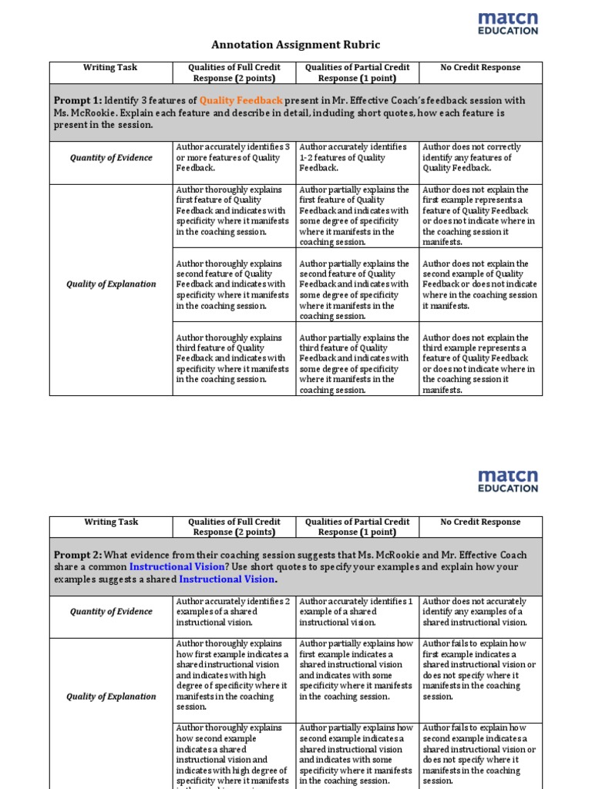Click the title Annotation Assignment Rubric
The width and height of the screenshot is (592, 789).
click(x=296, y=45)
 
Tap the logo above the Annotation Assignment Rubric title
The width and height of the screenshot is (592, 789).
click(x=507, y=23)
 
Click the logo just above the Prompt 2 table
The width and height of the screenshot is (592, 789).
click(x=507, y=481)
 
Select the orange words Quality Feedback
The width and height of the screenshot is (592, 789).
click(x=240, y=101)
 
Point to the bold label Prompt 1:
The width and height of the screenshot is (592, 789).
click(x=77, y=101)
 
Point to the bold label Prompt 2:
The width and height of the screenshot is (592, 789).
click(x=77, y=555)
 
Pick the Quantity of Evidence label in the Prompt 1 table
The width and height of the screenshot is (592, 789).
click(x=111, y=158)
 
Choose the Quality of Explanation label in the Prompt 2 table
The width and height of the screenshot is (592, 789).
click(x=111, y=697)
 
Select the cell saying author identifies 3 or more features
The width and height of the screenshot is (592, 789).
click(x=234, y=158)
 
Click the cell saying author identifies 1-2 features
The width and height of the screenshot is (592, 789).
click(x=357, y=158)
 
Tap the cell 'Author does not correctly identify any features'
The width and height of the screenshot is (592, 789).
click(x=480, y=158)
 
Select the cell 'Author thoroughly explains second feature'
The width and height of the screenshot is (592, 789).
click(x=234, y=284)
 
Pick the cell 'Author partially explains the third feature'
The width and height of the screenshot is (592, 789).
click(x=357, y=363)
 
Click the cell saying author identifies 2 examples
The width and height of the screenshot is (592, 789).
click(x=234, y=612)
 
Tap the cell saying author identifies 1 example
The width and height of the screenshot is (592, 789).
click(x=357, y=612)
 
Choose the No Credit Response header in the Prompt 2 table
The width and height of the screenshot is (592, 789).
click(x=480, y=522)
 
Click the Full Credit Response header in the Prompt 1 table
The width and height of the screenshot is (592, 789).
click(x=234, y=72)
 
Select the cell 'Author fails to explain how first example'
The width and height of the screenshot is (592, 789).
click(x=480, y=670)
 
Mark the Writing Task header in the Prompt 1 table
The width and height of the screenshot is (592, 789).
click(x=111, y=68)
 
